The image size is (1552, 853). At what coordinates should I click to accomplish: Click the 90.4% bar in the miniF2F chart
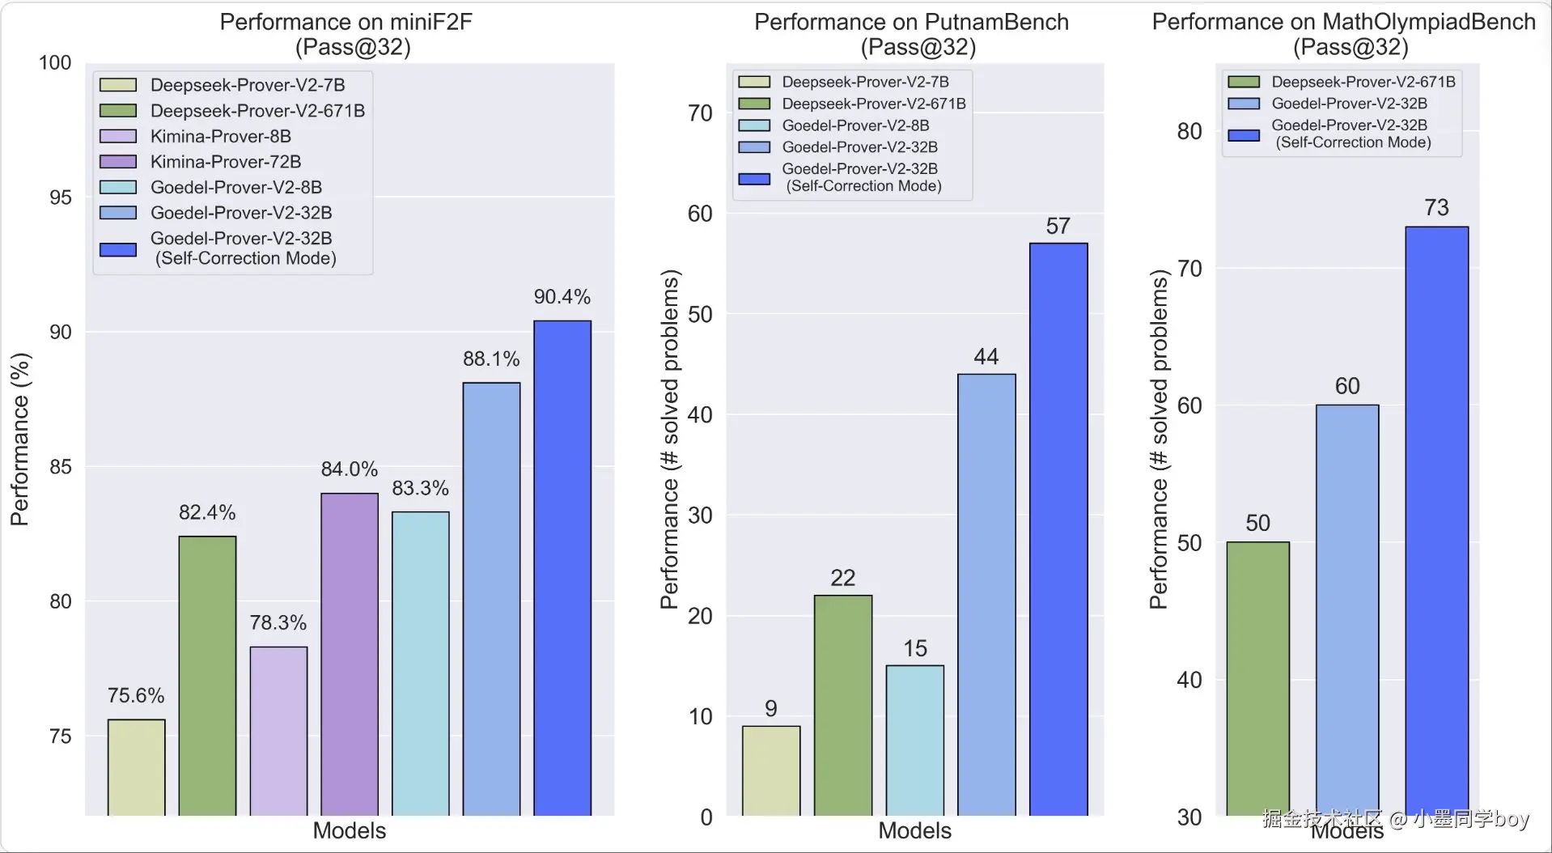tap(562, 567)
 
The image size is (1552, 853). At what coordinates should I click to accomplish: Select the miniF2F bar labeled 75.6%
tap(136, 766)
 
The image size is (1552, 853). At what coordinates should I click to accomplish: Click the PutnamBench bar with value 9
tap(771, 770)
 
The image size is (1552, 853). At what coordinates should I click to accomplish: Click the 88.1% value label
tap(491, 359)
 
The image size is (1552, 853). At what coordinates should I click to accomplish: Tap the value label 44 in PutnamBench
tap(986, 357)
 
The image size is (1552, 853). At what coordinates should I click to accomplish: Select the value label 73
tap(1436, 208)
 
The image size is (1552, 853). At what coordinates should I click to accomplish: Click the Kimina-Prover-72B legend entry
tap(225, 162)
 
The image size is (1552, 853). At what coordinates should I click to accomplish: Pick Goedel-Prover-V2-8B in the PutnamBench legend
tap(854, 125)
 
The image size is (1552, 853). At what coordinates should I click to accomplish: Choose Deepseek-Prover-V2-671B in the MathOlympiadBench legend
tap(1363, 82)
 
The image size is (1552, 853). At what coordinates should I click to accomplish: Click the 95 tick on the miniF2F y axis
tap(60, 197)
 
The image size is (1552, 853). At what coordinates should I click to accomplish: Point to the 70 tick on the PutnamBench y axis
tap(700, 113)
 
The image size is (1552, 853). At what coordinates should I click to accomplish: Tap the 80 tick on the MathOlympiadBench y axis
tap(1189, 131)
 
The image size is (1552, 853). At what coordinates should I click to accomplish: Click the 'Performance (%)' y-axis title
tap(19, 439)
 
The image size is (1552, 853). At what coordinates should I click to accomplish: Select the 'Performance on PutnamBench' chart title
tap(911, 23)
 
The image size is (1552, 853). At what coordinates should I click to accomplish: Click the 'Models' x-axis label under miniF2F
tap(350, 830)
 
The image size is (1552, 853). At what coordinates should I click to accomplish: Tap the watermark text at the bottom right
tap(1395, 819)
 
